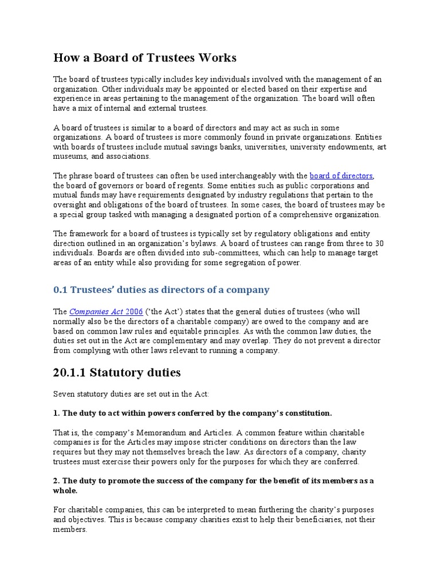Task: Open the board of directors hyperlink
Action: (x=341, y=176)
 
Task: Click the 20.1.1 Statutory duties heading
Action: (x=117, y=373)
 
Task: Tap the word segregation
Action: (x=247, y=263)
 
